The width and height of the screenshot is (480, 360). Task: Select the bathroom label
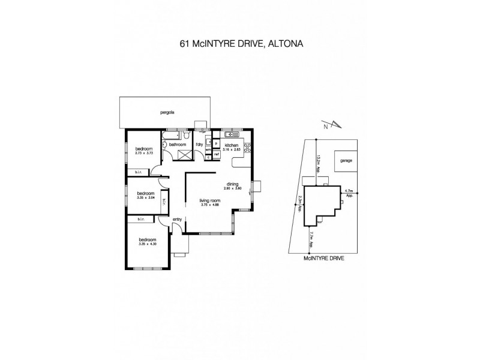click(178, 145)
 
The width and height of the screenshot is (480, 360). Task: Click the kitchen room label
click(232, 145)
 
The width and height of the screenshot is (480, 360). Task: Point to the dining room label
click(233, 184)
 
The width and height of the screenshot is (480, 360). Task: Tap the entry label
click(177, 220)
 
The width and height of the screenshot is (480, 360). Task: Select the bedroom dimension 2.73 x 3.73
click(144, 153)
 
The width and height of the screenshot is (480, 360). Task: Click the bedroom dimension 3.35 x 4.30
click(147, 244)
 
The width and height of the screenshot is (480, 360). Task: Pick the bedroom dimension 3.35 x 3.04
click(146, 197)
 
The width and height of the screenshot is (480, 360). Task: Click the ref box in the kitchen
click(217, 154)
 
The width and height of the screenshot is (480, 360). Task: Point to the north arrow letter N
click(325, 127)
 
